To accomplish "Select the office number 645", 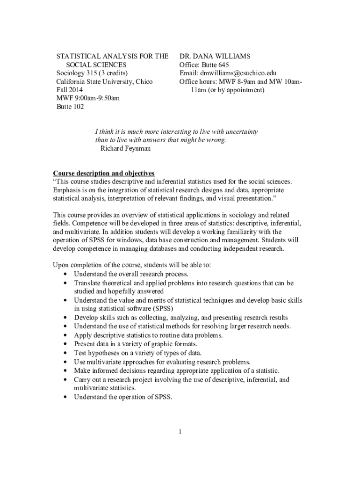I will click(223, 65).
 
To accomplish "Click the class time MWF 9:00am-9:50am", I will click(88, 98).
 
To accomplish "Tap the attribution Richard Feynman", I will click(125, 149).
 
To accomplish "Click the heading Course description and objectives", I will click(103, 173).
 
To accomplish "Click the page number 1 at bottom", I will click(180, 431).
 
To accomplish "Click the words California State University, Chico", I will click(104, 81).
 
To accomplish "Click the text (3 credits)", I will click(113, 73).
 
